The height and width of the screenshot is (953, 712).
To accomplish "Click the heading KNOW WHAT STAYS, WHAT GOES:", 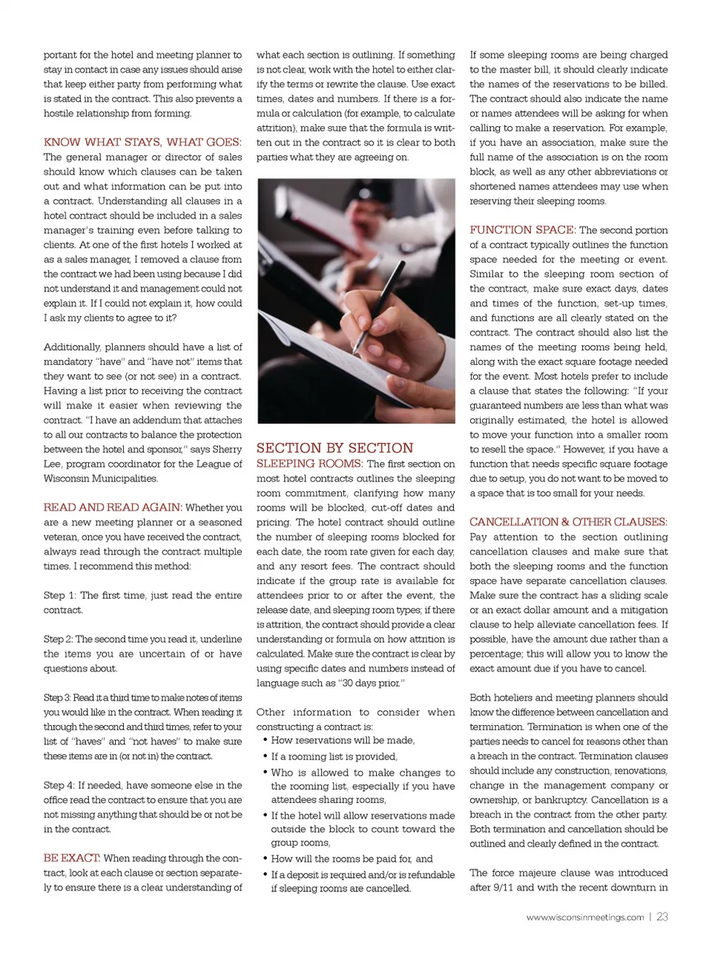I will (x=142, y=142).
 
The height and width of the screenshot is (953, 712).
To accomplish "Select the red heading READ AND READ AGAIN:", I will (x=113, y=508).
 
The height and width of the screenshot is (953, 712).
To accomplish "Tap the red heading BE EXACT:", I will (x=72, y=858).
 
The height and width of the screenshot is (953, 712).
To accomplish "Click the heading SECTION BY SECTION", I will (x=334, y=448).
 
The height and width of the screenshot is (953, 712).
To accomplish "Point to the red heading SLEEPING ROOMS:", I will (x=310, y=464).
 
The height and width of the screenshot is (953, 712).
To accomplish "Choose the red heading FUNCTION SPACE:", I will (x=522, y=230).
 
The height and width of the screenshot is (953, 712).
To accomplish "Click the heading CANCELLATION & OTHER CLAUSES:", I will (x=568, y=522).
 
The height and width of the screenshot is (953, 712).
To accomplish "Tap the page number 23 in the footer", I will (x=662, y=917).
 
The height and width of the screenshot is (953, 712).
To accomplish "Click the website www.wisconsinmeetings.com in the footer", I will (x=585, y=917).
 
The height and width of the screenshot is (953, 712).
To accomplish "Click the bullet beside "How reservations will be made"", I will (x=265, y=741).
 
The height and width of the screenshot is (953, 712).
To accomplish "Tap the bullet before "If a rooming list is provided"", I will (x=265, y=756).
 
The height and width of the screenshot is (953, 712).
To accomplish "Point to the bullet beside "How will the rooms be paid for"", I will (x=265, y=859).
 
